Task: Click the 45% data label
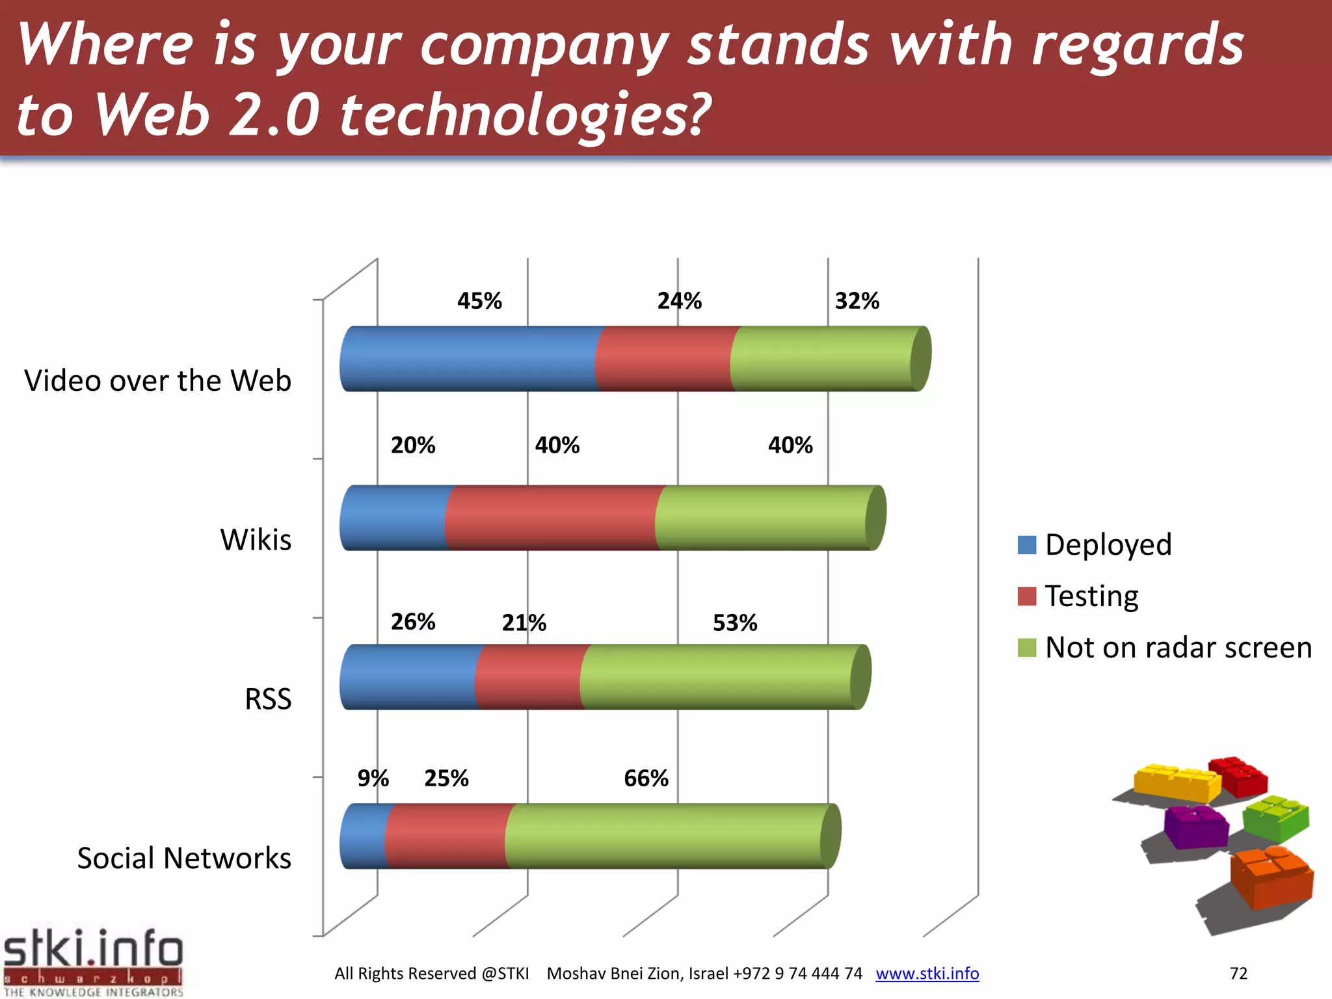pyautogui.click(x=479, y=301)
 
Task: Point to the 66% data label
pyautogui.click(x=646, y=779)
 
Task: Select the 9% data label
pyautogui.click(x=373, y=779)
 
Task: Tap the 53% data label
pyautogui.click(x=735, y=623)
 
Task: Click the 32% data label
pyautogui.click(x=857, y=301)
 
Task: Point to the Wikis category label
pyautogui.click(x=256, y=540)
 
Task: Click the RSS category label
pyautogui.click(x=268, y=699)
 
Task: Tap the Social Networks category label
pyautogui.click(x=184, y=859)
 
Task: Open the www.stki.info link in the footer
pyautogui.click(x=927, y=974)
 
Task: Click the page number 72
pyautogui.click(x=1238, y=974)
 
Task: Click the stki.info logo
pyautogui.click(x=93, y=962)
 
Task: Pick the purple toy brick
pyautogui.click(x=1195, y=827)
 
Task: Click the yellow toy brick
pyautogui.click(x=1176, y=782)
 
